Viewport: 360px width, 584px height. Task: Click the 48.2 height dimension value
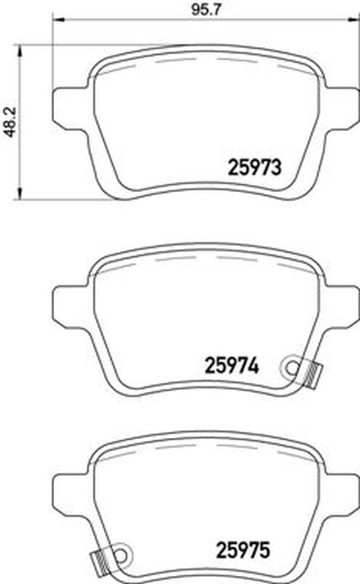coord(10,121)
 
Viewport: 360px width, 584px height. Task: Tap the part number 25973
coord(254,168)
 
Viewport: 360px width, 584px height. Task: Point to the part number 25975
coord(242,550)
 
